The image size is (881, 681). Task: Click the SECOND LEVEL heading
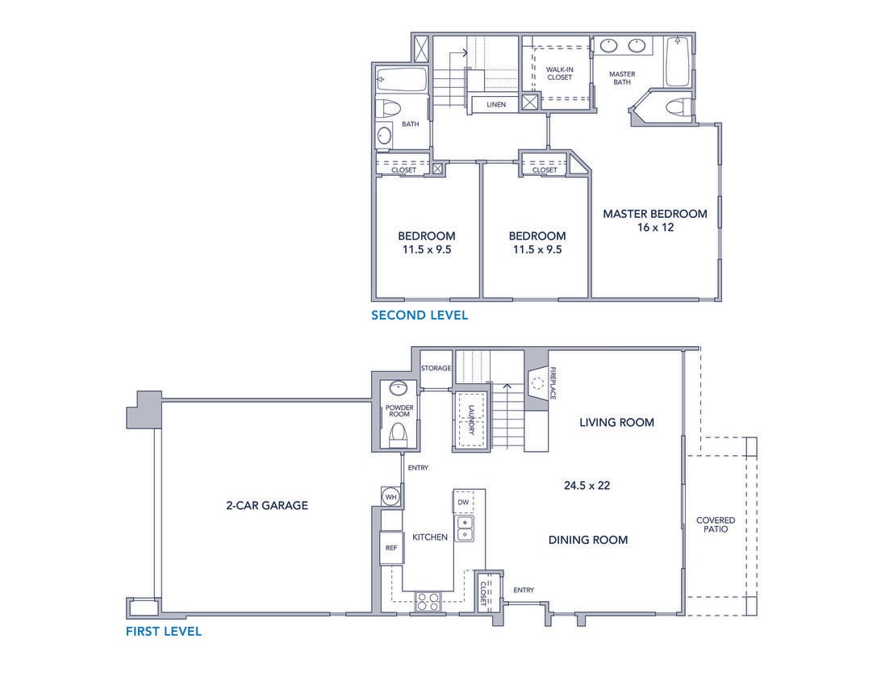click(419, 315)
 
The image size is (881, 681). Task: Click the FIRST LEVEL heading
click(163, 631)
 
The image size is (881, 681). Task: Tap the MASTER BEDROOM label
click(655, 214)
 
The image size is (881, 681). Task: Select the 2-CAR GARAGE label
click(267, 506)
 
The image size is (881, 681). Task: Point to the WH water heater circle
click(391, 496)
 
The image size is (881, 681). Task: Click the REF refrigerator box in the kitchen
click(391, 548)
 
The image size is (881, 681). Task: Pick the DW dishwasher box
click(463, 502)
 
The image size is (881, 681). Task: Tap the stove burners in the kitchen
click(427, 600)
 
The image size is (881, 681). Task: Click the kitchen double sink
click(465, 529)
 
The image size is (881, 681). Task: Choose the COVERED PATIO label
click(716, 525)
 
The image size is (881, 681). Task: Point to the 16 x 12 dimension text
click(654, 228)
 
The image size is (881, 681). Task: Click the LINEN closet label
click(496, 105)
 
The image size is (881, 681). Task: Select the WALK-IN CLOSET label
click(559, 73)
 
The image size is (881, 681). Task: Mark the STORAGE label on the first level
click(436, 368)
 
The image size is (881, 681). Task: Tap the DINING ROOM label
click(588, 540)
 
